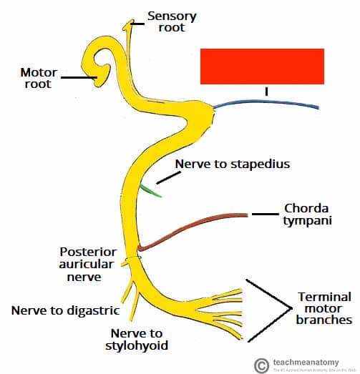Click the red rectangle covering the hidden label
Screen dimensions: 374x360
tap(262, 67)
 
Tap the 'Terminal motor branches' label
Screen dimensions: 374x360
tap(323, 308)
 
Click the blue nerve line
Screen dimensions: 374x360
tap(272, 105)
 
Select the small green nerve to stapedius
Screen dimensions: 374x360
tap(151, 191)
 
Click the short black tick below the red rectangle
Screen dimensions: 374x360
tap(266, 91)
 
